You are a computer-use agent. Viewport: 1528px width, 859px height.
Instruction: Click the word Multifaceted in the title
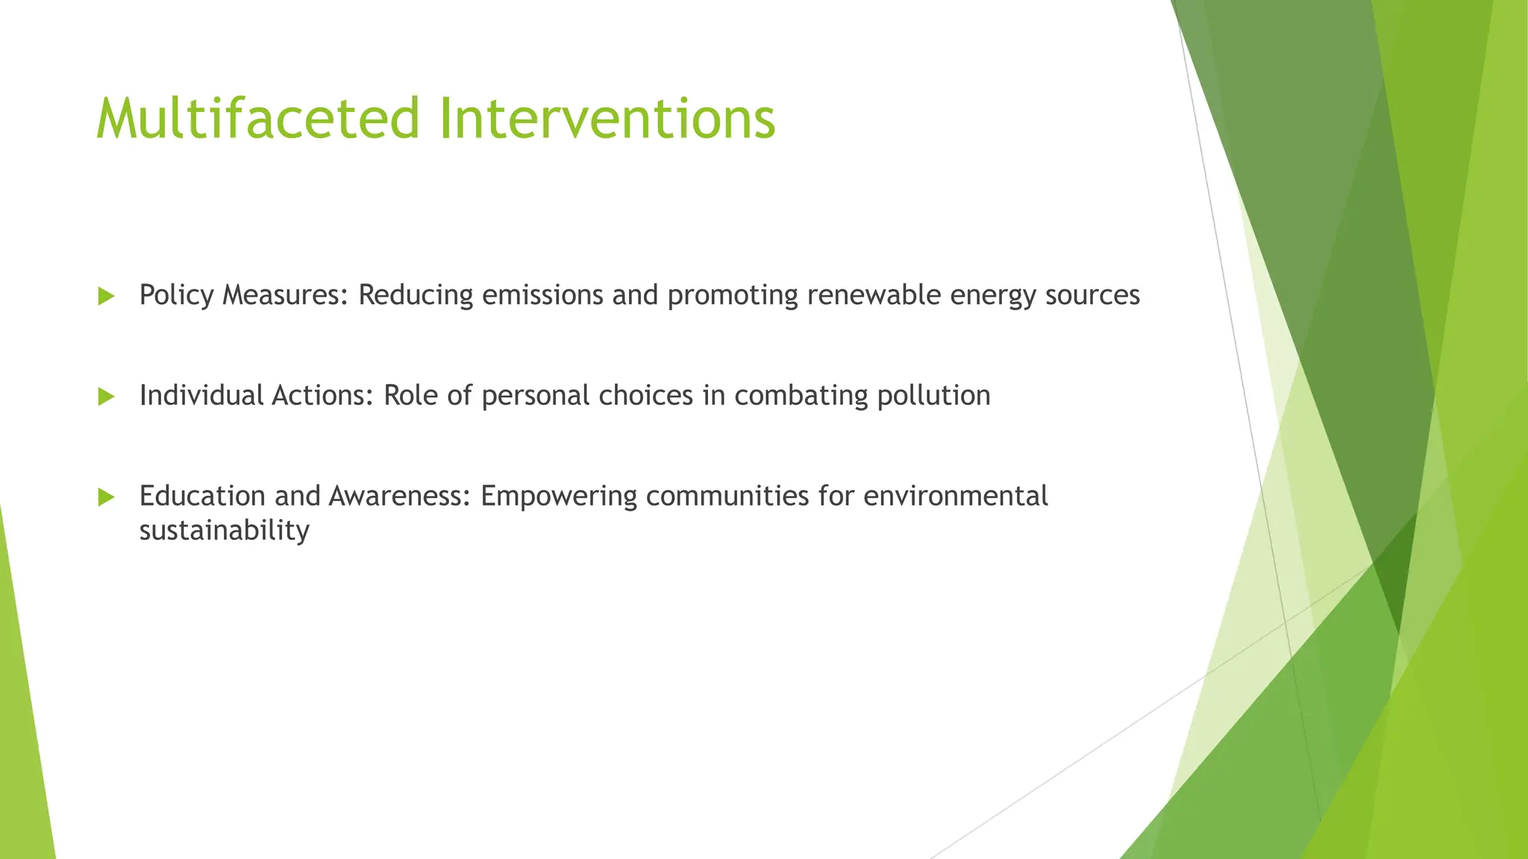(258, 119)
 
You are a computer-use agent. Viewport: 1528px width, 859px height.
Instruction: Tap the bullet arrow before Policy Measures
(107, 297)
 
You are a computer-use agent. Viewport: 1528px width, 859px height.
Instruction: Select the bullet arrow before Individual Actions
(107, 397)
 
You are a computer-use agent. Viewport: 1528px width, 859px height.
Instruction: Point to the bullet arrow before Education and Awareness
(107, 497)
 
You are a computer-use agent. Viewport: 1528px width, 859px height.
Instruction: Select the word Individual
(201, 396)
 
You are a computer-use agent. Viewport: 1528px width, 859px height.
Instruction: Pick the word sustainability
(224, 531)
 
